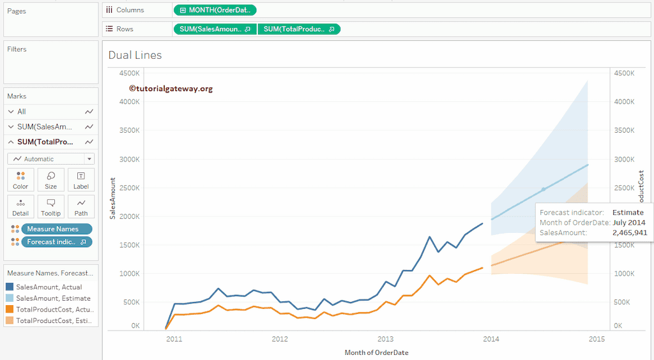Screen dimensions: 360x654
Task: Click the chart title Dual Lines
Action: click(x=135, y=55)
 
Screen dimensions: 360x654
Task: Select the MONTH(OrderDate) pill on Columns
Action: click(x=215, y=10)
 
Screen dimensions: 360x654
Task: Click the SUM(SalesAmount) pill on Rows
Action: click(x=215, y=29)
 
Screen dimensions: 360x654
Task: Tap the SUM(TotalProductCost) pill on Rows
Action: click(x=299, y=29)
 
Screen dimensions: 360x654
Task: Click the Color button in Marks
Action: click(x=20, y=180)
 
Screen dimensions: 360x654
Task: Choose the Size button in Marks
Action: click(x=50, y=180)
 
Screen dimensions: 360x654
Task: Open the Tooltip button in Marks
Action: click(x=50, y=207)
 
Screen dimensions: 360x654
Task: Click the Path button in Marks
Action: click(x=81, y=207)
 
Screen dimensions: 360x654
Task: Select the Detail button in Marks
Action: click(x=20, y=207)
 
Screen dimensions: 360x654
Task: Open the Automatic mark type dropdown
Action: click(x=51, y=159)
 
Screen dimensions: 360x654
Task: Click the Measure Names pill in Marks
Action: click(x=56, y=229)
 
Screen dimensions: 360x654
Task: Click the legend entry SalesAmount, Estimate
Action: click(x=53, y=298)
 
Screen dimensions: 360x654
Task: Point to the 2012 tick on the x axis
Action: click(x=280, y=339)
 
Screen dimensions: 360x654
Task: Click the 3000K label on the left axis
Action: click(x=130, y=159)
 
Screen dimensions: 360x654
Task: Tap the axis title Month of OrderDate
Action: click(x=376, y=352)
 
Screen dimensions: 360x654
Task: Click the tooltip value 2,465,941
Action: click(x=629, y=233)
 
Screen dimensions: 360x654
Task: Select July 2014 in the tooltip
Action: click(x=628, y=223)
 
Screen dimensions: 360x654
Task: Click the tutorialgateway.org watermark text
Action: click(x=171, y=89)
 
